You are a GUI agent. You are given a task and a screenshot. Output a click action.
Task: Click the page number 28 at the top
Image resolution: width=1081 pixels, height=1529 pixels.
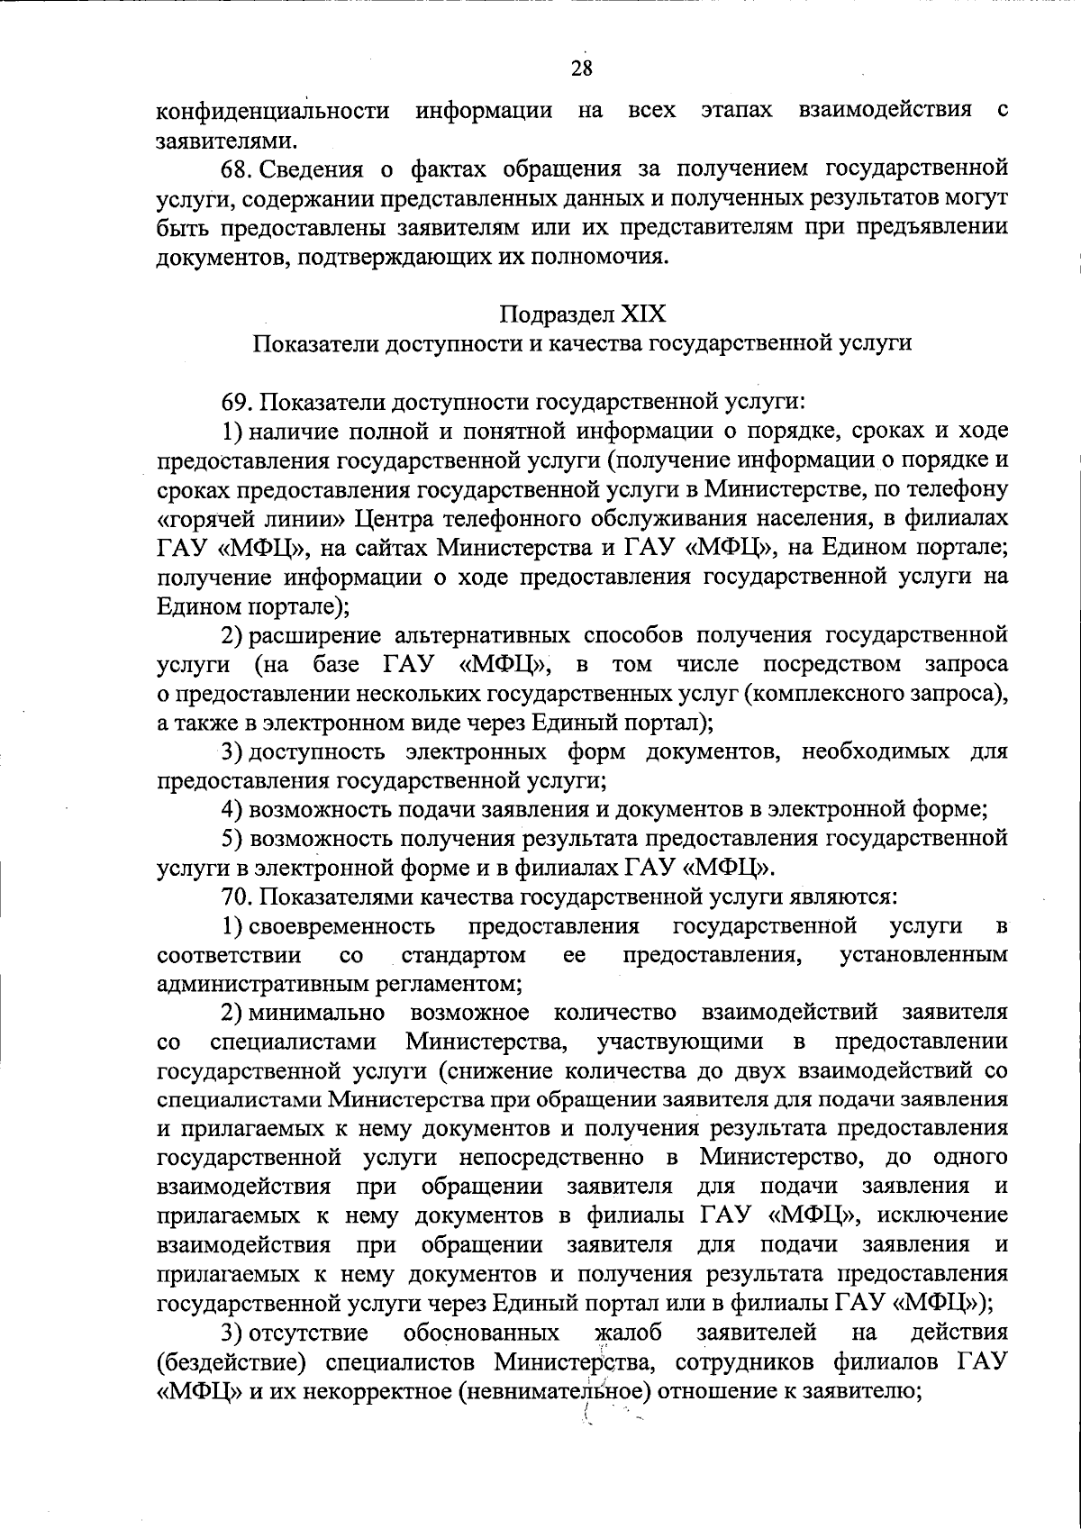pyautogui.click(x=581, y=68)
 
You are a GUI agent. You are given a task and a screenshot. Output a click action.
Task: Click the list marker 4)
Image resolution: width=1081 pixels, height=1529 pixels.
pyautogui.click(x=233, y=809)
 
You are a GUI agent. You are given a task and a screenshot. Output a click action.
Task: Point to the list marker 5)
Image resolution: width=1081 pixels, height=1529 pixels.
pyautogui.click(x=233, y=839)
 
